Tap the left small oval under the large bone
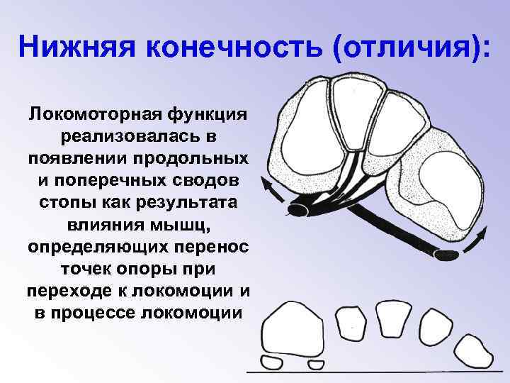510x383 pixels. [272, 363]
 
